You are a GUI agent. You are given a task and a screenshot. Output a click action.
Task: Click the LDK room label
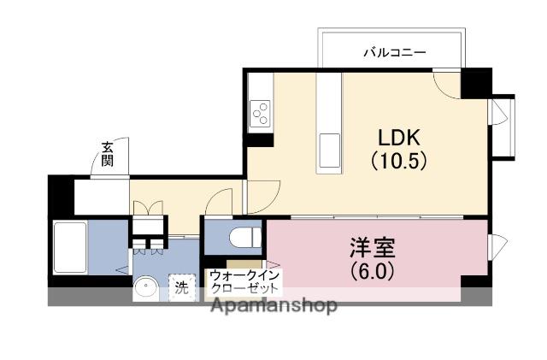click(x=397, y=138)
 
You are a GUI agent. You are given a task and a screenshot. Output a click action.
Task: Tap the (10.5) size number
click(x=397, y=160)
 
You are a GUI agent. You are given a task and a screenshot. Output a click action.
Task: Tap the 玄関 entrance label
click(x=108, y=154)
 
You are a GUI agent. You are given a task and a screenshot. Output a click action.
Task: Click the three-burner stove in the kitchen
click(x=260, y=112)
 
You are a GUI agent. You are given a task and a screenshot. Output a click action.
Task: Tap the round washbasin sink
click(x=146, y=289)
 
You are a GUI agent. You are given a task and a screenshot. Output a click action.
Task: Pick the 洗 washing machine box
click(x=180, y=288)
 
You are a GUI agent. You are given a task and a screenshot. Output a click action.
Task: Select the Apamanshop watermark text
click(x=273, y=305)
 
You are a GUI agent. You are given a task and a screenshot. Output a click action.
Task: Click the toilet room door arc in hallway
click(x=221, y=202)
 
